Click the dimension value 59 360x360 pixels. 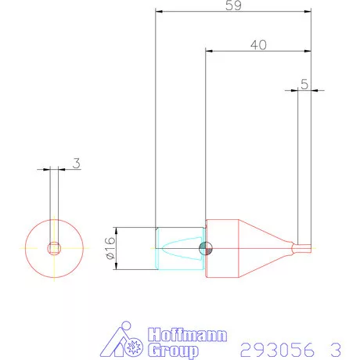click(232, 5)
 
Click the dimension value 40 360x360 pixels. click(258, 45)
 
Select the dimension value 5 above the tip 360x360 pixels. click(304, 83)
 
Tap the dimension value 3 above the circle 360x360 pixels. click(76, 163)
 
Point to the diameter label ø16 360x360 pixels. click(110, 249)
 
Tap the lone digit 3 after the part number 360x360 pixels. click(335, 347)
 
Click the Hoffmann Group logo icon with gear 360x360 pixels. click(123, 339)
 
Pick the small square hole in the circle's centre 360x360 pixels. click(54, 248)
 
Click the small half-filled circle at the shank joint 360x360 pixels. click(205, 248)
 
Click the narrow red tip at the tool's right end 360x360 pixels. click(304, 248)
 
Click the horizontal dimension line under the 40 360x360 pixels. click(258, 52)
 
